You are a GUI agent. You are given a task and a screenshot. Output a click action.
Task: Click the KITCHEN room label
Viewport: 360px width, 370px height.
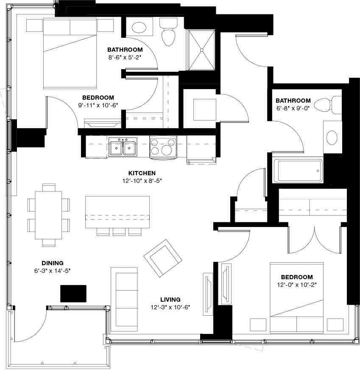click(142, 173)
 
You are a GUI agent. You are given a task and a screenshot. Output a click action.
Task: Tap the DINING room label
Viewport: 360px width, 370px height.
click(52, 263)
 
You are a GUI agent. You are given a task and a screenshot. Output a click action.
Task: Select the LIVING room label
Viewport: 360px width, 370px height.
click(170, 299)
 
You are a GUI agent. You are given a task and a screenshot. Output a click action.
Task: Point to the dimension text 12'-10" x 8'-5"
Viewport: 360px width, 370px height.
click(142, 180)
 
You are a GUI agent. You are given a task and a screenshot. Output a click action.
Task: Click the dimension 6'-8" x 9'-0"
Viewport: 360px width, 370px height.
click(293, 108)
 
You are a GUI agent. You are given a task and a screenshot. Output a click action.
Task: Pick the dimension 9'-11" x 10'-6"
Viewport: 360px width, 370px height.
click(98, 105)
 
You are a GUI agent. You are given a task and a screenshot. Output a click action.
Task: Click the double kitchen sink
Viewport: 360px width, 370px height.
click(122, 148)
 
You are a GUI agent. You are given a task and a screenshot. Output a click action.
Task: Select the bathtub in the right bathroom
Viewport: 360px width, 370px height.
click(298, 171)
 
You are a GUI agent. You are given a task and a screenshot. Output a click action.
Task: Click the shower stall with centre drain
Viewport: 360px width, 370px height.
click(201, 50)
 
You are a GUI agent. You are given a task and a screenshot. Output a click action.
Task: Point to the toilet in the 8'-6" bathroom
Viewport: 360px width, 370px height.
click(168, 34)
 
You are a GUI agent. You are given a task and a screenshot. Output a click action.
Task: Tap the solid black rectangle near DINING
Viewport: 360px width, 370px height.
click(73, 294)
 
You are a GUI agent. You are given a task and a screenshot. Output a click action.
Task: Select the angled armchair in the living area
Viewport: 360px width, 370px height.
click(162, 257)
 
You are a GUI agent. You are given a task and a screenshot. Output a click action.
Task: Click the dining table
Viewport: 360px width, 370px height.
click(49, 215)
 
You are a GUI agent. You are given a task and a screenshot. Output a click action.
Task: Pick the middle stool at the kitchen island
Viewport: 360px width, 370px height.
click(118, 231)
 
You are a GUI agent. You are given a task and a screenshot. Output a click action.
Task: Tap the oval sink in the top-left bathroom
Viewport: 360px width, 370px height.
click(139, 28)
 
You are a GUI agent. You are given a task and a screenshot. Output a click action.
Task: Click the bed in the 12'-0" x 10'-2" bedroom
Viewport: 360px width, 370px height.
click(297, 297)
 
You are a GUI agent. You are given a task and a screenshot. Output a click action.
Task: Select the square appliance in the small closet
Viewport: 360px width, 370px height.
click(204, 109)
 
